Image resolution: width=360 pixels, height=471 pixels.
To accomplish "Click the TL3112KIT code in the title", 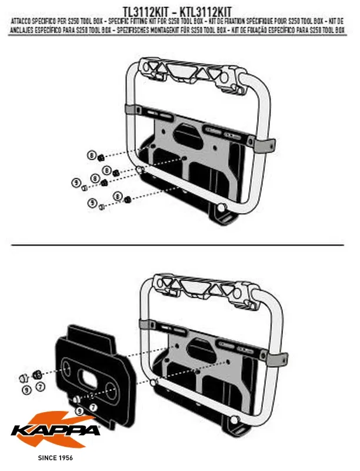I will (148, 11).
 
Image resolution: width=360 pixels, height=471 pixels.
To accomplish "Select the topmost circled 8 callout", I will (91, 155).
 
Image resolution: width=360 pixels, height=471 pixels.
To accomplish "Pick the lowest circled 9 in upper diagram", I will (92, 203).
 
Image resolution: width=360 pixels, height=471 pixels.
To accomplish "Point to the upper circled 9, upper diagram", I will (75, 183).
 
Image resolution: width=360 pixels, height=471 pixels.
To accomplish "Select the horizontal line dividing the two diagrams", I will (176, 244).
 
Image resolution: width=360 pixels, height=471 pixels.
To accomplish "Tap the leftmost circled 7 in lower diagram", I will (40, 387).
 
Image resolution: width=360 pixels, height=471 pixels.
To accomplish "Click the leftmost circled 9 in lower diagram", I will (26, 389).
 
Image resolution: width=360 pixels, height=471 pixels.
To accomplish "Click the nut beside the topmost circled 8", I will (101, 156).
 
